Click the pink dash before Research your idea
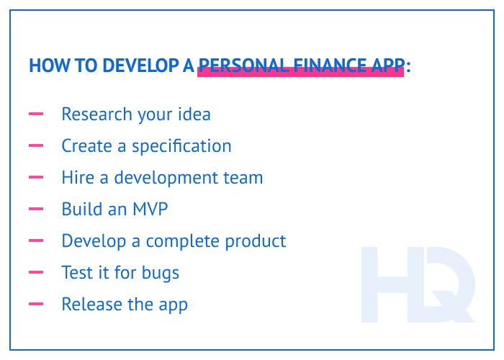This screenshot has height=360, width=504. pyautogui.click(x=36, y=114)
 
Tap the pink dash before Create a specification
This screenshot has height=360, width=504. pyautogui.click(x=36, y=146)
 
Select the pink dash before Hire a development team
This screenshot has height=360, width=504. pyautogui.click(x=36, y=178)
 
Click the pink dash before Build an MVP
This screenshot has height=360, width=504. pyautogui.click(x=36, y=210)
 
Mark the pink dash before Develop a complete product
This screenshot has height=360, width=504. pyautogui.click(x=36, y=241)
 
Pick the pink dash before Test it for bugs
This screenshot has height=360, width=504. pyautogui.click(x=36, y=273)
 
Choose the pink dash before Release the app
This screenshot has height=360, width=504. pyautogui.click(x=36, y=305)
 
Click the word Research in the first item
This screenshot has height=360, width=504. pyautogui.click(x=96, y=114)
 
